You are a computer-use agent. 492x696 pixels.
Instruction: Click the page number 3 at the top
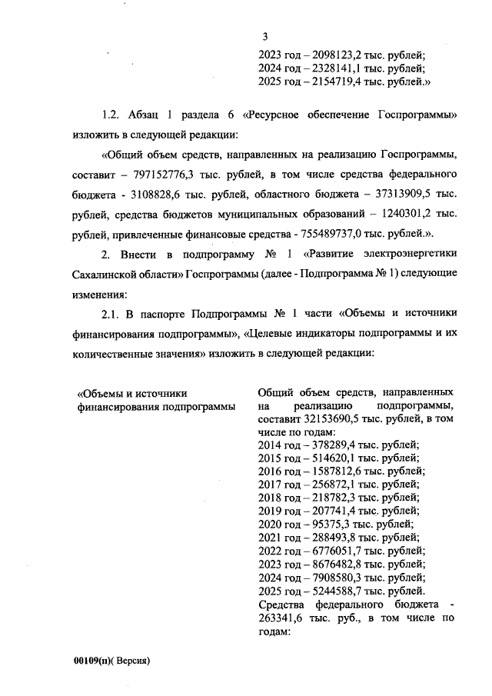click(x=265, y=36)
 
